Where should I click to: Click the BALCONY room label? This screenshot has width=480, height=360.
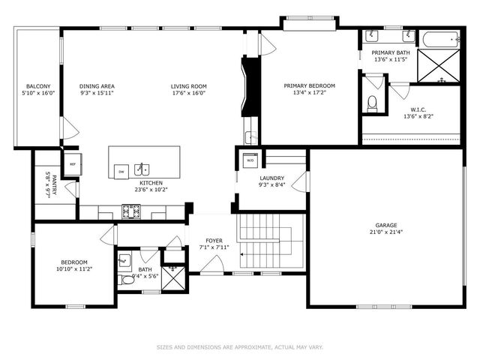[x=37, y=86]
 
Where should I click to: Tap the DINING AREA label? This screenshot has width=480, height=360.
[x=97, y=86]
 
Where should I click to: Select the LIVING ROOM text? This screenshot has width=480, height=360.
[x=188, y=86]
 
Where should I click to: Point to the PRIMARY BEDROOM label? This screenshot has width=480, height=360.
[x=309, y=86]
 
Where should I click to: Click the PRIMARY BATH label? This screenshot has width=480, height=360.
[x=390, y=52]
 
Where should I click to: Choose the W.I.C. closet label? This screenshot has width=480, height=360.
[x=418, y=109]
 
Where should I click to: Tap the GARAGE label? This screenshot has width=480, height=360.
[x=386, y=225]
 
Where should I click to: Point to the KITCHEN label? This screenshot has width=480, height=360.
[x=151, y=182]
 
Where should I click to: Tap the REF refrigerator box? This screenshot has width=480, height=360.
[x=73, y=163]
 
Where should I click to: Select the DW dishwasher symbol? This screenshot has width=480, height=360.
[x=121, y=172]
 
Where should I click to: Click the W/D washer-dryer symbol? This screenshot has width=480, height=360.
[x=250, y=160]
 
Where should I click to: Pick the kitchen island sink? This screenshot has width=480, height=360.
[x=142, y=170]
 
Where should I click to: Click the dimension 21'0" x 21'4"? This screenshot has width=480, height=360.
[x=386, y=232]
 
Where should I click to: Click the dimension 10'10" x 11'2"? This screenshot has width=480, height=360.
[x=74, y=268]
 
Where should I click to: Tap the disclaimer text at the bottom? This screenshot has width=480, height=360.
[x=239, y=347]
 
